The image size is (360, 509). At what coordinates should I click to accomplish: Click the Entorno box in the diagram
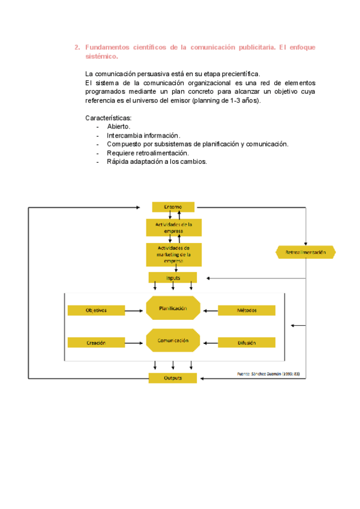(x=173, y=207)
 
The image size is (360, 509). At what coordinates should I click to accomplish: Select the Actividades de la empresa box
(x=174, y=227)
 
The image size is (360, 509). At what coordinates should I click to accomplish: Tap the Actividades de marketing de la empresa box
(x=174, y=254)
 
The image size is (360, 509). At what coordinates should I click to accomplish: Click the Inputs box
(x=173, y=277)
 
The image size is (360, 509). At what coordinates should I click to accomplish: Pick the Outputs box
(x=173, y=378)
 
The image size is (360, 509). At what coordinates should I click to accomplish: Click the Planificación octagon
(x=173, y=308)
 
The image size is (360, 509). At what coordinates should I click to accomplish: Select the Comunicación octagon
(x=173, y=340)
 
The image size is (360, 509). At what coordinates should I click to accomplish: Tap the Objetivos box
(x=95, y=310)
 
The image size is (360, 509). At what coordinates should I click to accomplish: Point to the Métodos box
(x=247, y=310)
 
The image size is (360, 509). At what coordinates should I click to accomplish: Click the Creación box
(x=95, y=343)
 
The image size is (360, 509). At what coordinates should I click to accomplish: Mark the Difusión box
(x=247, y=343)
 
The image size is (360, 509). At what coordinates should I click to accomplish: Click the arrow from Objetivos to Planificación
(x=135, y=310)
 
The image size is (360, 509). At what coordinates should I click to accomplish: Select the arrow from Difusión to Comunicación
(x=209, y=343)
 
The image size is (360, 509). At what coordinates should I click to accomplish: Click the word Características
(x=109, y=118)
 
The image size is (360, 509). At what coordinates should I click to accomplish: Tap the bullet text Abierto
(x=119, y=127)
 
